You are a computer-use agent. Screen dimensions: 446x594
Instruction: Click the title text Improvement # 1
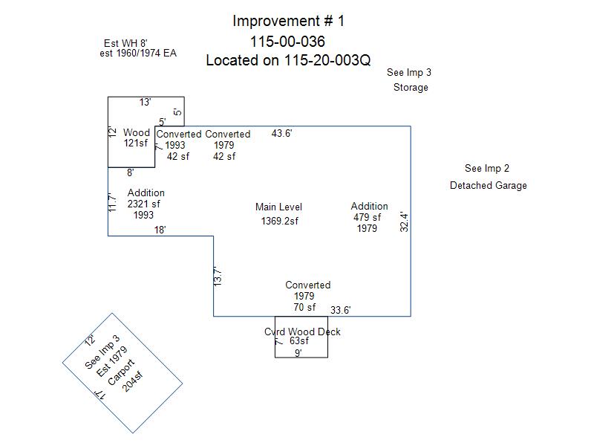(x=288, y=21)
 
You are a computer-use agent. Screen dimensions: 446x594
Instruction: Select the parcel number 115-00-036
(x=288, y=42)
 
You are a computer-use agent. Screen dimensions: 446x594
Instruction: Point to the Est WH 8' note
(x=126, y=43)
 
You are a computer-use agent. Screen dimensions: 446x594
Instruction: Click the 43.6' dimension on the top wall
(x=281, y=133)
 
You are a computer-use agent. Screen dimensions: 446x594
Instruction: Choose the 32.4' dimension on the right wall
(x=404, y=222)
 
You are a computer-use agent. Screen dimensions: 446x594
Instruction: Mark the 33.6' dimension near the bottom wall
(x=341, y=310)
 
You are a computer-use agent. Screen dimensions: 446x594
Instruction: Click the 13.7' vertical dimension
(x=218, y=277)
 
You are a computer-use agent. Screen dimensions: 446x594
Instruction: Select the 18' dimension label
(x=160, y=230)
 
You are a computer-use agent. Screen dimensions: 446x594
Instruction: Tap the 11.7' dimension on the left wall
(x=113, y=203)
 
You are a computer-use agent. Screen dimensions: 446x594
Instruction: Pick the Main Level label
(x=278, y=207)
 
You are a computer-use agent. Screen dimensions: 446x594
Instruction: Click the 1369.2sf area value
(x=279, y=221)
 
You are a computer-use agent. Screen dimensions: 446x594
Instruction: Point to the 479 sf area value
(x=367, y=218)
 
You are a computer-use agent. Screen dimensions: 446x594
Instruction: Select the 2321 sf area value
(x=144, y=204)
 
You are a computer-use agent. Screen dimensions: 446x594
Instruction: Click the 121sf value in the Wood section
(x=137, y=143)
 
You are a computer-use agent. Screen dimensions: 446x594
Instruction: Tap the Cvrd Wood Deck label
(x=302, y=332)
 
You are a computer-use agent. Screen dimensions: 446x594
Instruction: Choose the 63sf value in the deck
(x=298, y=341)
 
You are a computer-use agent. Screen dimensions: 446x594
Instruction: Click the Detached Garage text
(x=488, y=185)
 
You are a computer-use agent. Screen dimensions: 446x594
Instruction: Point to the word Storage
(x=411, y=87)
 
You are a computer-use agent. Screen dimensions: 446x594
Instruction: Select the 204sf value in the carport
(x=133, y=378)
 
